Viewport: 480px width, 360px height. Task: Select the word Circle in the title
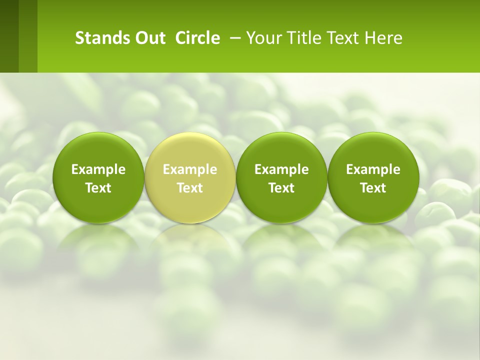coord(197,38)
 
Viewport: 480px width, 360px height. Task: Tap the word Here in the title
coord(383,38)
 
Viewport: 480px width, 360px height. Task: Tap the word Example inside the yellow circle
coord(190,170)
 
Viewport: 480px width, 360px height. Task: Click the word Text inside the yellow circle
coord(190,188)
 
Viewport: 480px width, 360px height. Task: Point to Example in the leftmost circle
coord(98,170)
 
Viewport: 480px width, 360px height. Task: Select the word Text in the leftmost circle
coord(98,188)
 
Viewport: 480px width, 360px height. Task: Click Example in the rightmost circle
coord(373,170)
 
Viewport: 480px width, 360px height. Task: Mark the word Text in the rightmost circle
coord(373,188)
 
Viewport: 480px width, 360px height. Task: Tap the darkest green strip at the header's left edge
coord(9,36)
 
